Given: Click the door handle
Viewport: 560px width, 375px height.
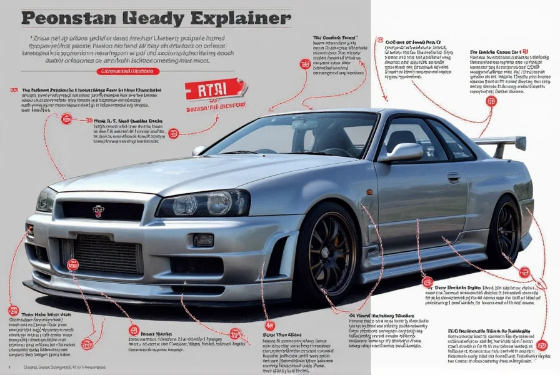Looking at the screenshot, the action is coord(453,177).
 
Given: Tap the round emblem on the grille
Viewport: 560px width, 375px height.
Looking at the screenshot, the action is coord(99,211).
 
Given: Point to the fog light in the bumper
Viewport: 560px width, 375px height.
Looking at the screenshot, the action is coord(203,239).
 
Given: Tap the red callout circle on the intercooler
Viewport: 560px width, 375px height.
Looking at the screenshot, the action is coord(74,264).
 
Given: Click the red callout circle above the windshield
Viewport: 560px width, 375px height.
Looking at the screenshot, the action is coord(305,64).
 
